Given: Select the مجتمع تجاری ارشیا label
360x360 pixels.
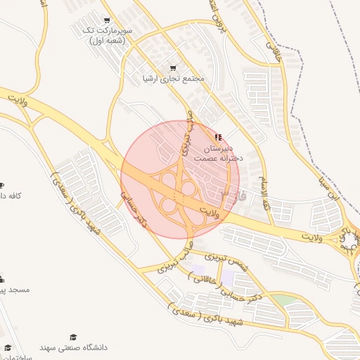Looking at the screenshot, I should point(173,79).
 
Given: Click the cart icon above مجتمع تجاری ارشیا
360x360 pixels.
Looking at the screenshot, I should point(173,67).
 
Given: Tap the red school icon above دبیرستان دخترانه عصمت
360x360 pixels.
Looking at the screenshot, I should point(218,136).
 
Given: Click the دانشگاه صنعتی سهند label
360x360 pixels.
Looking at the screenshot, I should point(72,348).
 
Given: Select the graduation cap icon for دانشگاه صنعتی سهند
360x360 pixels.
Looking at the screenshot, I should point(72,337).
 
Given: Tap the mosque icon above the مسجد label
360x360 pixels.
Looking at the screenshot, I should point(1,278).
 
